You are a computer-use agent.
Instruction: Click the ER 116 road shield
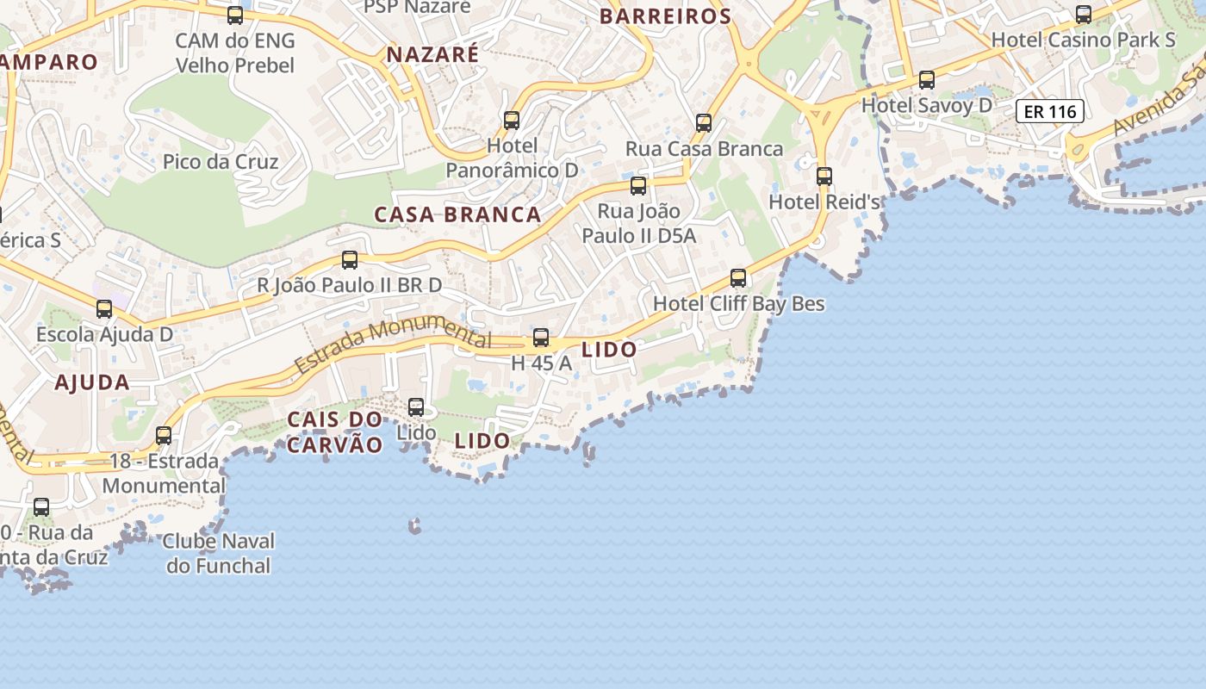pos(1049,111)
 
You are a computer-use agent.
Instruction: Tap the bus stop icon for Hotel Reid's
pos(824,177)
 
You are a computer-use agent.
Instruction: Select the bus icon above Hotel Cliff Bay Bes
pos(738,278)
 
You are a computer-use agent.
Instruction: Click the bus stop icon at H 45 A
pos(541,338)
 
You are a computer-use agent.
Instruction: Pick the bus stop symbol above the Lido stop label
pos(416,407)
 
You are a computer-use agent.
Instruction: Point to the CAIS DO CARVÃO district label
pos(334,432)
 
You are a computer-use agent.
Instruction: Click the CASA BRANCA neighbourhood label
pos(457,214)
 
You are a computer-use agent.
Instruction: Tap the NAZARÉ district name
pos(432,54)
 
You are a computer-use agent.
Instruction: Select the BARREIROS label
pos(665,16)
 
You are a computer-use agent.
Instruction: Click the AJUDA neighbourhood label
pos(92,383)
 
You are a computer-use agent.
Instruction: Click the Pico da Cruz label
pos(221,162)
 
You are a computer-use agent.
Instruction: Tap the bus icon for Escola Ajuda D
pos(104,308)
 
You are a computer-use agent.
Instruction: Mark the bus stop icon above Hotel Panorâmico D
pos(512,120)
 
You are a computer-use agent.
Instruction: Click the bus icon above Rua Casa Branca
pos(704,123)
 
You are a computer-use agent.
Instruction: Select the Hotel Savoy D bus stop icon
pos(927,80)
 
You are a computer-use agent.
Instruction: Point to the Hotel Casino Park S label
pos(1083,40)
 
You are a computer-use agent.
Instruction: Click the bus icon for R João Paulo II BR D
pos(350,259)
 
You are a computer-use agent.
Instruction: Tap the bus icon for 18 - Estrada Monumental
pos(164,436)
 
